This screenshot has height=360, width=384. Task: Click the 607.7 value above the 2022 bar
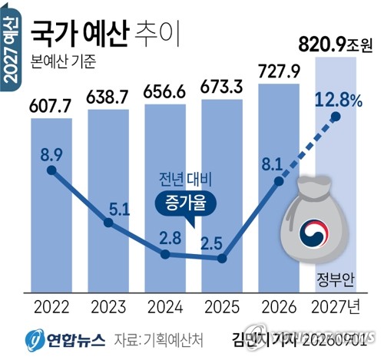(x=50, y=105)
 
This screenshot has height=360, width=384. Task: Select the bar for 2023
(x=108, y=201)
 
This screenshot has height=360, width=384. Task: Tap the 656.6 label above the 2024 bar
(x=164, y=91)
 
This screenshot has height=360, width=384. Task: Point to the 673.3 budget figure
(x=221, y=87)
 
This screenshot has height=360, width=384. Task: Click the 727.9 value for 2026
(x=279, y=71)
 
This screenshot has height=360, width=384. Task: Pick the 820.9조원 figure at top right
(x=335, y=45)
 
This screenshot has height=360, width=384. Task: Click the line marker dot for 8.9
(x=51, y=170)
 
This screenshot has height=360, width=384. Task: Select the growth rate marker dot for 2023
(x=108, y=223)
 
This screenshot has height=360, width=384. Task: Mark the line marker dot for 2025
(x=222, y=259)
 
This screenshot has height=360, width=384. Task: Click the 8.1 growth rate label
(x=272, y=164)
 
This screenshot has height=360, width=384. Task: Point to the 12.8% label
(x=339, y=101)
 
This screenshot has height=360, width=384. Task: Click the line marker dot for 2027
(x=336, y=117)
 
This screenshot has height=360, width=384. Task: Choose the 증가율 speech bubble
(x=186, y=205)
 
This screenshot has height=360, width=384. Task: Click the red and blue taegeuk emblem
(x=314, y=233)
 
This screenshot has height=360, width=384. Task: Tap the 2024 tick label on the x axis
(x=165, y=307)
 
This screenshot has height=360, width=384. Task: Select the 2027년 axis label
(x=336, y=307)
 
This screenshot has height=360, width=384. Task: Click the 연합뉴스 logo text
(x=75, y=339)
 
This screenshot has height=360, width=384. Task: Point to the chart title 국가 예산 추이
(x=105, y=35)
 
